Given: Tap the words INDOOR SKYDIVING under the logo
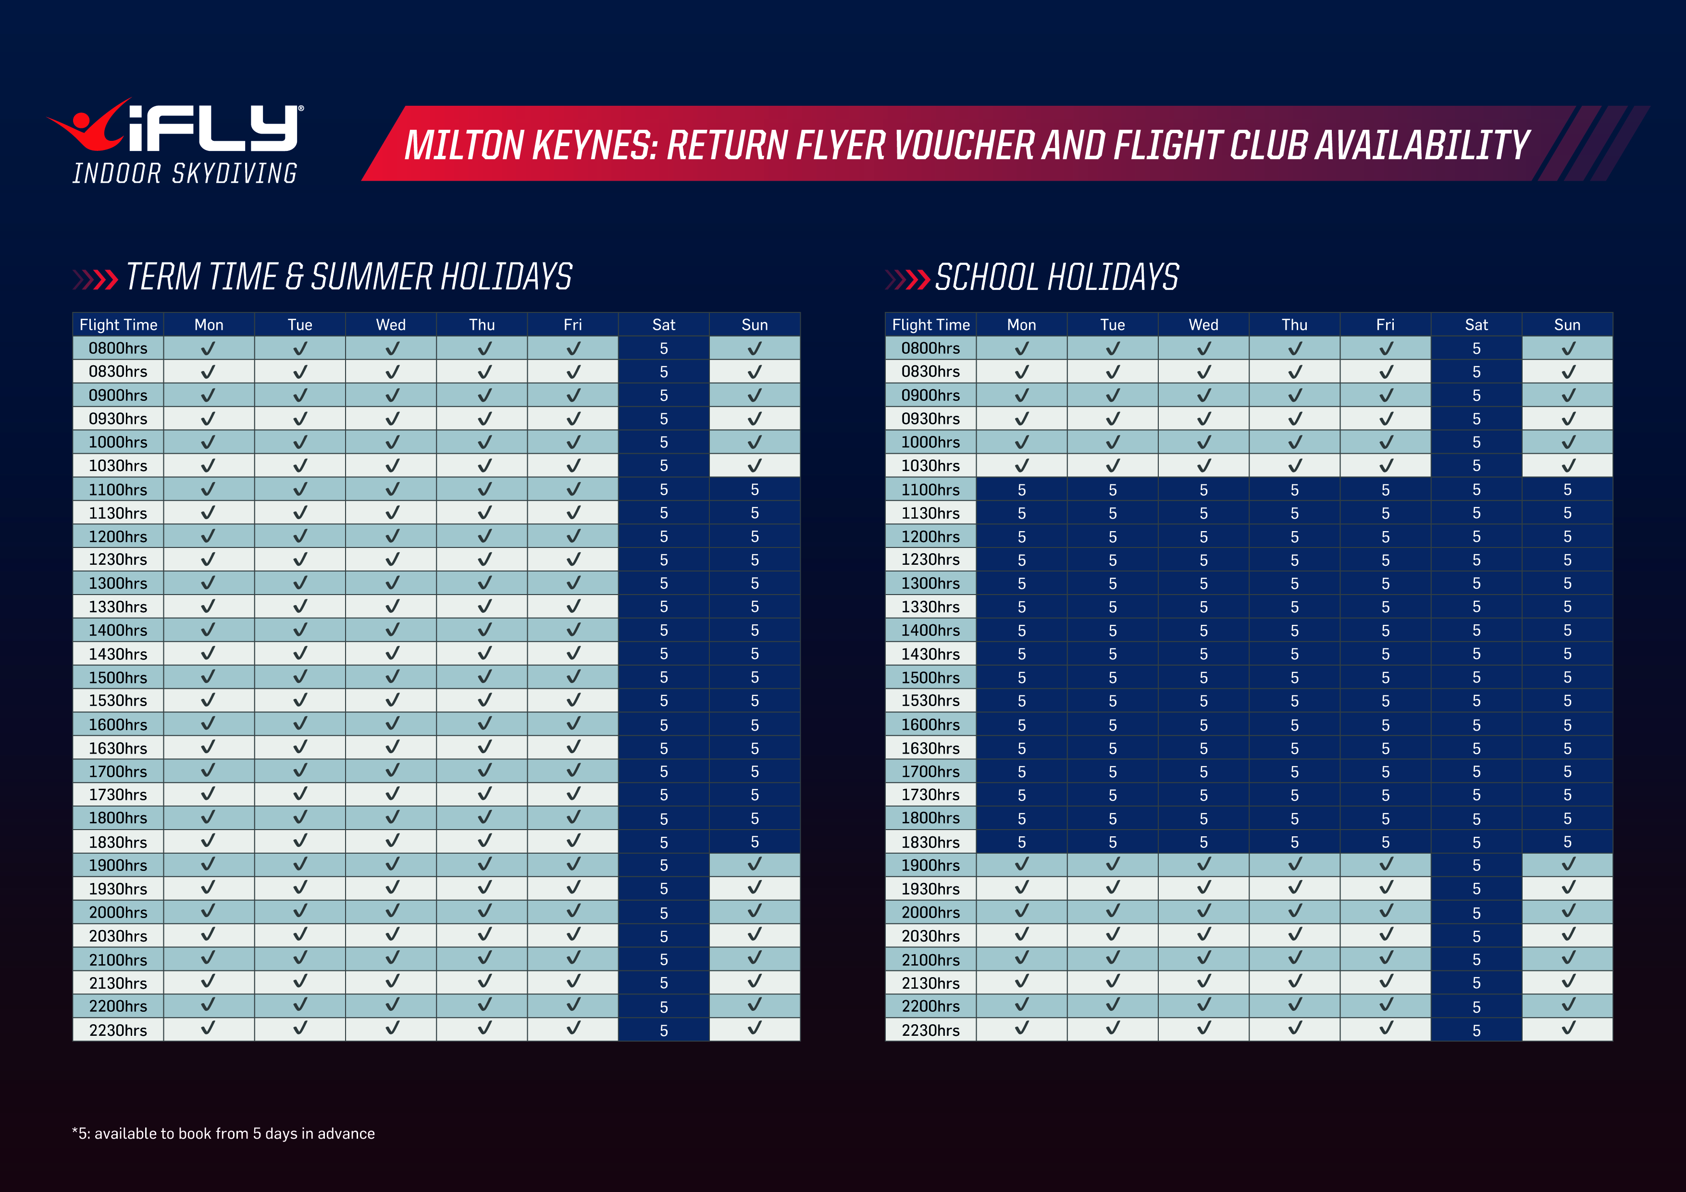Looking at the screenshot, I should click(185, 174).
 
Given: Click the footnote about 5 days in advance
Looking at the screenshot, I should click(224, 1133).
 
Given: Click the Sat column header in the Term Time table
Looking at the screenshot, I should click(663, 324).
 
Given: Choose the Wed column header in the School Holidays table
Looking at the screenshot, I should click(1203, 324).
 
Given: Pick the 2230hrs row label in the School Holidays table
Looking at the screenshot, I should click(930, 1030).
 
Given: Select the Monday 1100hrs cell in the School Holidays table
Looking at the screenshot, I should click(1021, 489).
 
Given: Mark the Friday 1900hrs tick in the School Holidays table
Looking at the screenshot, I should click(1385, 864).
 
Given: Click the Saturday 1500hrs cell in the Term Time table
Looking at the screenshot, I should click(663, 677).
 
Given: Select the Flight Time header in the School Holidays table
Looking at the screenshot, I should click(930, 324).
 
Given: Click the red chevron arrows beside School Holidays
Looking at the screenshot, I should click(908, 280).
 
